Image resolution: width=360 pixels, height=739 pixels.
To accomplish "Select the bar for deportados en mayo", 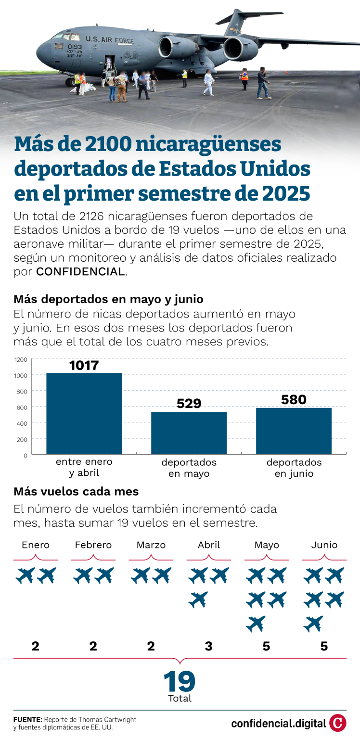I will coord(189,433).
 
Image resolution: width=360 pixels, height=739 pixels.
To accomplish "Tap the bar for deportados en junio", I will coord(294,431).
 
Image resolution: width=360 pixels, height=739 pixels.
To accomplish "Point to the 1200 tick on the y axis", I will coord(21,359).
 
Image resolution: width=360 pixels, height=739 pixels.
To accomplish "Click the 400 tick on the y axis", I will coord(22,423).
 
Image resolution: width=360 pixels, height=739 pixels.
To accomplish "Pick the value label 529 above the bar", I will coord(189,403).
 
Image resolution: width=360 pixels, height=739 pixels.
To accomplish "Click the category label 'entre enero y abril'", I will coord(84,467).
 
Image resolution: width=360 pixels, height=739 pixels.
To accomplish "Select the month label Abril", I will coord(209,545).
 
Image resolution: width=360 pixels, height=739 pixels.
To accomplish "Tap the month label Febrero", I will coord(93,545).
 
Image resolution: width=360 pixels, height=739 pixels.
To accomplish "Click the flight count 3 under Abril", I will coord(208,646).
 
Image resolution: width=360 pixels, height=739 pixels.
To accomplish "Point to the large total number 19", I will coord(180,682).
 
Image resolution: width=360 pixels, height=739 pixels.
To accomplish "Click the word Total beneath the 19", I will coord(180,698).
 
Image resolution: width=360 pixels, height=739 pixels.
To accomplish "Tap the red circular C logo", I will coord(338,723).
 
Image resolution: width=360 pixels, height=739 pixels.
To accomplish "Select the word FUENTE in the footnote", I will coord(27,719).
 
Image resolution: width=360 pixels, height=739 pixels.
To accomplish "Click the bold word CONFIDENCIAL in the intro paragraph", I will coord(80,271).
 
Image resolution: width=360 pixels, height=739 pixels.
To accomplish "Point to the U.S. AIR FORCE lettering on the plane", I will coord(110,40).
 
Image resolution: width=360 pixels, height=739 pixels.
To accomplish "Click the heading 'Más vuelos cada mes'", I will coord(76,492).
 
